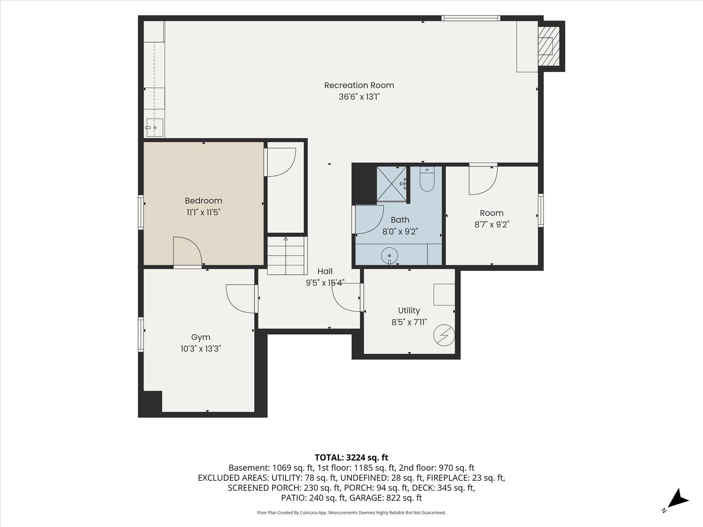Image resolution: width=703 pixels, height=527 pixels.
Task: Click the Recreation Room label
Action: click(359, 85)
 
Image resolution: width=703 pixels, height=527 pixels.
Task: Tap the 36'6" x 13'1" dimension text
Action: click(359, 97)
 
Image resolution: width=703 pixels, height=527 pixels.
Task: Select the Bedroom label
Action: click(204, 201)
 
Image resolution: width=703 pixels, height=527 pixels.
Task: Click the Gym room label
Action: click(201, 337)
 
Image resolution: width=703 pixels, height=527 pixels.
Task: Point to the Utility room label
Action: click(409, 311)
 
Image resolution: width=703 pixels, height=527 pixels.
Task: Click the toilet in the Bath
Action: click(427, 179)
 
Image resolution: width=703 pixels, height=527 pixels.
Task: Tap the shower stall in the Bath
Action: click(392, 184)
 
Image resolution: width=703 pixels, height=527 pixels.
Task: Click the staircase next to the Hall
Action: click(286, 256)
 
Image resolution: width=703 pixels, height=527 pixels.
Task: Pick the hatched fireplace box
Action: click(549, 46)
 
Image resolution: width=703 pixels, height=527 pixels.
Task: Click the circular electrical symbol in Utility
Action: click(444, 335)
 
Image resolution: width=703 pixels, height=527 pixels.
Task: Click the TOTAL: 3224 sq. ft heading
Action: click(351, 457)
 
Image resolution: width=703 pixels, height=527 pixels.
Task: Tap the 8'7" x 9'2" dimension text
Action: click(492, 225)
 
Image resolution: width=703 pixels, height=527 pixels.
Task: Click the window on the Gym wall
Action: click(141, 335)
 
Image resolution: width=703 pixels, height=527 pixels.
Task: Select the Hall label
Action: click(325, 271)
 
